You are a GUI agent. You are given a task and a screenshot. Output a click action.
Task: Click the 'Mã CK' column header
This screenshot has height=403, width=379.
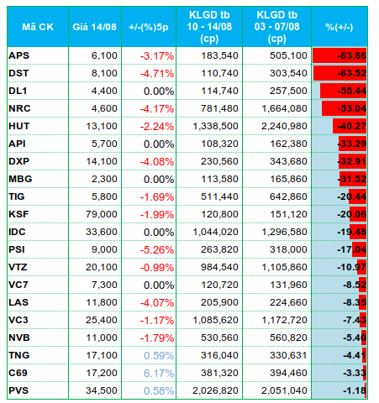click(x=38, y=27)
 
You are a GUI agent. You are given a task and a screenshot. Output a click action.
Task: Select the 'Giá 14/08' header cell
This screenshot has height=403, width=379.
click(x=94, y=27)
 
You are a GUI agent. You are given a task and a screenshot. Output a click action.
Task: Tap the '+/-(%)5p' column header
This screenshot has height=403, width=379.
click(x=149, y=27)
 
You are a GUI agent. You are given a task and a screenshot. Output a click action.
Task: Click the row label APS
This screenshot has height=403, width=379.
click(x=18, y=55)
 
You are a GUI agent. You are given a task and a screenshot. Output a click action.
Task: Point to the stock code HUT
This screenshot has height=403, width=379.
click(x=18, y=126)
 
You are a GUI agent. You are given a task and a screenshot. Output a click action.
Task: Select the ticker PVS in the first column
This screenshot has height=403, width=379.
click(x=18, y=390)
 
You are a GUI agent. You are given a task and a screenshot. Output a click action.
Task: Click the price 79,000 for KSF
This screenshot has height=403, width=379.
click(x=102, y=214)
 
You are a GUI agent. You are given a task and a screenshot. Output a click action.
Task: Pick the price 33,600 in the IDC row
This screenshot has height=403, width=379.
click(x=102, y=232)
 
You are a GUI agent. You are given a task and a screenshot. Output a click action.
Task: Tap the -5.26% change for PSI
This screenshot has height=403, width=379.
click(x=157, y=250)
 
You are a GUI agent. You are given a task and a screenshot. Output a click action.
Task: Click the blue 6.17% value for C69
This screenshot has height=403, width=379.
click(x=159, y=374)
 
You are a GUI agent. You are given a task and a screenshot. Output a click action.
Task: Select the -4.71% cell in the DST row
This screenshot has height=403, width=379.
click(x=157, y=74)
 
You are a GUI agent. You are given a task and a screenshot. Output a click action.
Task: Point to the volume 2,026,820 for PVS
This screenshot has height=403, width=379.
click(x=215, y=390)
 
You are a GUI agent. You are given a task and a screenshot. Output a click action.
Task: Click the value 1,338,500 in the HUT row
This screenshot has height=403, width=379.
click(x=215, y=126)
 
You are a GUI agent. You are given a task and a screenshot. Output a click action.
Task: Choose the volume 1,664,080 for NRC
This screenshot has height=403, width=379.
click(x=284, y=108)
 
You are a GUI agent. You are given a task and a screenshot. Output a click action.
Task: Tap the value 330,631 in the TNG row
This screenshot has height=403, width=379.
click(x=288, y=355)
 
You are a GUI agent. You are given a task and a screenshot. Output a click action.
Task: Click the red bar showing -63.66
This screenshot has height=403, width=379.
click(x=340, y=55)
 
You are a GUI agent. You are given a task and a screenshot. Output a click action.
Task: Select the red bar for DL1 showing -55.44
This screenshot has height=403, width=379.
click(x=343, y=91)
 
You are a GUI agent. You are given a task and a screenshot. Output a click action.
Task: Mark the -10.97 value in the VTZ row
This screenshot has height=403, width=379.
click(x=351, y=267)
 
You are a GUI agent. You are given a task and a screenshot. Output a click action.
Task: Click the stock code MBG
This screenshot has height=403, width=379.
click(x=20, y=179)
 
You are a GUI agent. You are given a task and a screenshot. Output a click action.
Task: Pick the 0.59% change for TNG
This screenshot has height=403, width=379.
click(x=159, y=356)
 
